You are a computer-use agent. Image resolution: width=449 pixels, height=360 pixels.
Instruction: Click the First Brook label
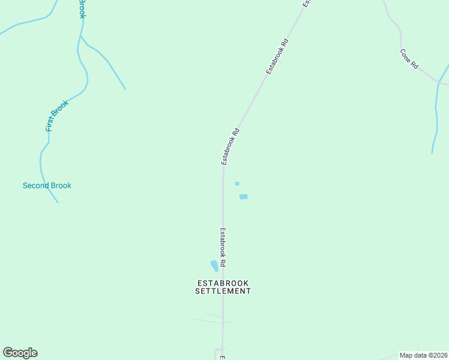58,115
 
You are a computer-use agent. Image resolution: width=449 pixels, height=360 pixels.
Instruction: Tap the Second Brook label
47,185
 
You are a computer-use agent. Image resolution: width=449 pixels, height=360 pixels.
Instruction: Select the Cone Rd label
409,59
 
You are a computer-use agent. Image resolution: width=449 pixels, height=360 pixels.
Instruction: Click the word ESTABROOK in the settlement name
223,283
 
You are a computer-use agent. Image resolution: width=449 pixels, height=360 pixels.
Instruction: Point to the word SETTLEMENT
223,291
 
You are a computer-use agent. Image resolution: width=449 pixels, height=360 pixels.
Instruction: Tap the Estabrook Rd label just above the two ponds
231,146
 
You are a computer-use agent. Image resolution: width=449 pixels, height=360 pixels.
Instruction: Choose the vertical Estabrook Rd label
223,247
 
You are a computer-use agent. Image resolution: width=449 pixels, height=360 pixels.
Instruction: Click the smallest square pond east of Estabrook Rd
237,184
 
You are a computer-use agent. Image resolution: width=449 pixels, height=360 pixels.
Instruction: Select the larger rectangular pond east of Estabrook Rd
243,196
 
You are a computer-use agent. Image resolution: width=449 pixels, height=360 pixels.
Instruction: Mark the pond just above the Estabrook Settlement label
214,265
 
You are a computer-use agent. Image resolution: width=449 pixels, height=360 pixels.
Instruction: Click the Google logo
20,353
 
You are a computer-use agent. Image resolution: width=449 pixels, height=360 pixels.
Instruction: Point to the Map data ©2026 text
424,355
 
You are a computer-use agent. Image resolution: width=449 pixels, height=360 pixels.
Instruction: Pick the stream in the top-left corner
30,22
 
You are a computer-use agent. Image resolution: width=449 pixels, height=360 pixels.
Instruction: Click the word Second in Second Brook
35,185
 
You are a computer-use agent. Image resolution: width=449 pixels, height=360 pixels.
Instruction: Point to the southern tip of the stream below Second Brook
58,202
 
